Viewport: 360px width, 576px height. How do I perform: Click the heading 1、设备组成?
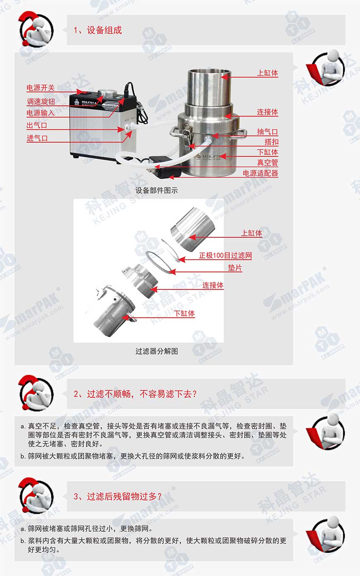tap(98, 30)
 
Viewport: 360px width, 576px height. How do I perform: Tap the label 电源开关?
tap(41, 88)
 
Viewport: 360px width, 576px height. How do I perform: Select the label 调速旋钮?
tap(41, 102)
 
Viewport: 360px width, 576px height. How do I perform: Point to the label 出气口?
tap(37, 125)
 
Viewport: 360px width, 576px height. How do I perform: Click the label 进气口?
tap(37, 138)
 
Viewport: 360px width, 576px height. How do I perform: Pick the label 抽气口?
tap(267, 131)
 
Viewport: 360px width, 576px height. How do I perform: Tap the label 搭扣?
tap(271, 142)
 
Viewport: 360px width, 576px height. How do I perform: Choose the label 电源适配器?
tap(260, 173)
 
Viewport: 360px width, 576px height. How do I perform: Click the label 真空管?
tap(268, 163)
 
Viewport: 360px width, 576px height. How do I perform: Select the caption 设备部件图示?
tap(156, 190)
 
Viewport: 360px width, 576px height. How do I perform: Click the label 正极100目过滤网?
tap(226, 256)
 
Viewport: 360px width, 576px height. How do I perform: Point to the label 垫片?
tap(235, 268)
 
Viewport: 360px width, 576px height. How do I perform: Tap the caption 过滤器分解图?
tap(157, 351)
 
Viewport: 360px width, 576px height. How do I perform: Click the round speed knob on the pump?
tap(107, 93)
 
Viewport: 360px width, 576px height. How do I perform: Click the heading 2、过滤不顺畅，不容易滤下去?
tap(135, 394)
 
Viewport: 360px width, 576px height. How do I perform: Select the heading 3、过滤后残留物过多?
tap(118, 496)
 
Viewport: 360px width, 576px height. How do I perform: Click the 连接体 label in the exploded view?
tap(213, 285)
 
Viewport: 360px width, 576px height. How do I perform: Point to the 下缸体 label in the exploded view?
tap(184, 313)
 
